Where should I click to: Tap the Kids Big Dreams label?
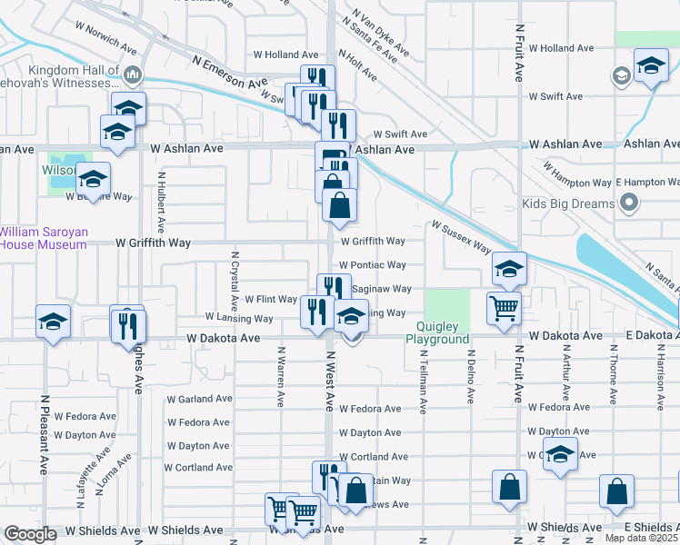point(569,203)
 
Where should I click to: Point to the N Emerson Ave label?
point(229,71)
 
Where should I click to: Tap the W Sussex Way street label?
point(461,236)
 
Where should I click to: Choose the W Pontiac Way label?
point(373,265)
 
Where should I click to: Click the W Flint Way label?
point(270,299)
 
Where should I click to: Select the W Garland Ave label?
point(199,399)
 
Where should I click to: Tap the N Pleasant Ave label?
point(44,435)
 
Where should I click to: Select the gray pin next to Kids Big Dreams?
point(627,204)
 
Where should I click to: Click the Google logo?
point(31,534)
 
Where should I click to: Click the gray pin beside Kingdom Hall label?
point(133,73)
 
